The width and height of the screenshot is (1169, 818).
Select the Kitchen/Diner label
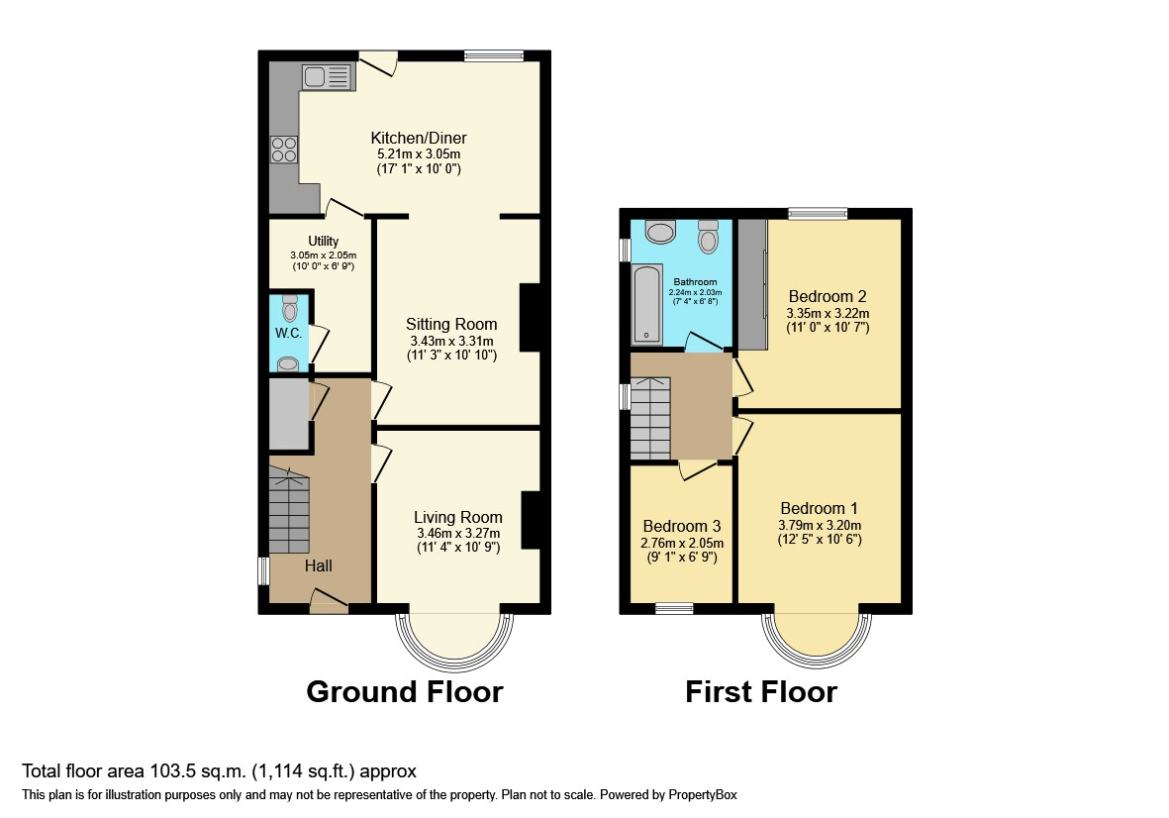(419, 138)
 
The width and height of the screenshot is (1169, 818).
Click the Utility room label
(323, 242)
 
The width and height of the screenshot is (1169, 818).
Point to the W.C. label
(288, 333)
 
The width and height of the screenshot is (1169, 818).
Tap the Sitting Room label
(451, 324)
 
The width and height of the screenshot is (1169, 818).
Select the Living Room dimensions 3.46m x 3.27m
(458, 533)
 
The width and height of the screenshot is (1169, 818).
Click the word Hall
(318, 566)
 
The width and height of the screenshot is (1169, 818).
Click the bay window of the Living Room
(454, 639)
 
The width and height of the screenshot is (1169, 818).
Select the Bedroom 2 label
(828, 296)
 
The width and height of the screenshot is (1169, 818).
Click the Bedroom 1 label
(820, 509)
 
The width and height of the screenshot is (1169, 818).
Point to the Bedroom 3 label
(681, 526)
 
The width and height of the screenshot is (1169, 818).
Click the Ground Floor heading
(404, 691)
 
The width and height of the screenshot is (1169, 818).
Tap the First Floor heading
(760, 691)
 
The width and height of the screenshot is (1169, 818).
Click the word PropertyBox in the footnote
(700, 794)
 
